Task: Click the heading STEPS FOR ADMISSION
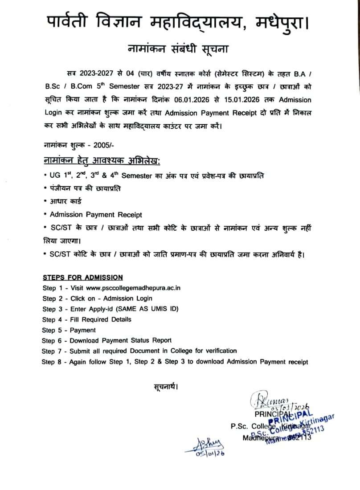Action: [x=83, y=277]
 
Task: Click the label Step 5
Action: [x=53, y=330]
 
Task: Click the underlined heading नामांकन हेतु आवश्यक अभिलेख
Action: [x=102, y=159]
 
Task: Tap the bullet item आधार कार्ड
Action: [x=65, y=201]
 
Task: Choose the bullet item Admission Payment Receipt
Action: [x=96, y=215]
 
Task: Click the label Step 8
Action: [x=53, y=362]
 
